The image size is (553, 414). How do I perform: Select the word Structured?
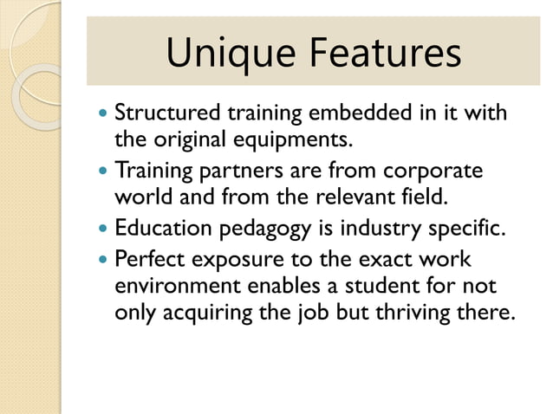tap(168, 113)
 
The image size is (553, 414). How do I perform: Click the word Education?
tap(162, 230)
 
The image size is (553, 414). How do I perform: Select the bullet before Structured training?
tap(103, 114)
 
